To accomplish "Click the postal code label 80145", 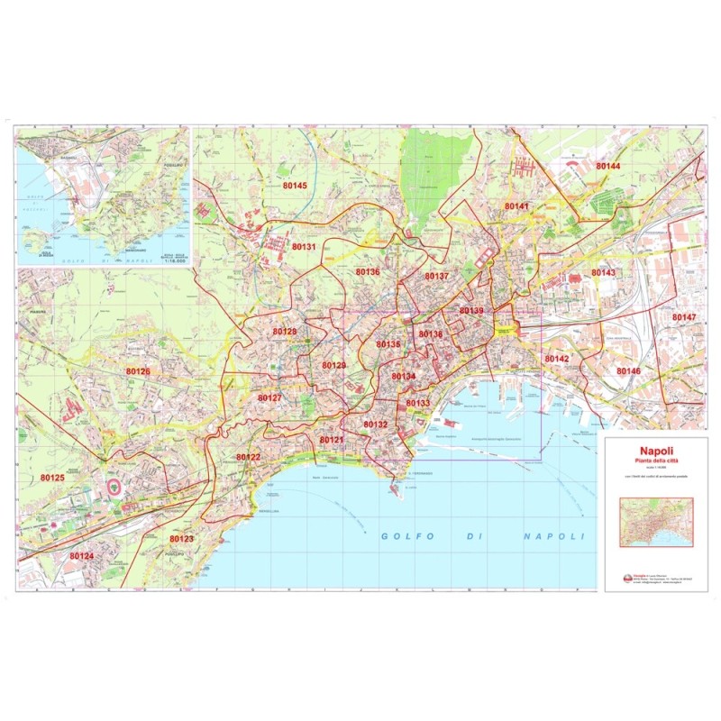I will [x=295, y=186].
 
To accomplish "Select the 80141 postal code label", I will [x=516, y=206].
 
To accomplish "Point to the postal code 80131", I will [x=304, y=246].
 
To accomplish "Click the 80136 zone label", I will [x=368, y=271].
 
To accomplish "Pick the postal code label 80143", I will [x=603, y=272].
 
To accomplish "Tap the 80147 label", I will [x=684, y=317].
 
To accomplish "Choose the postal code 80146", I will [x=628, y=370].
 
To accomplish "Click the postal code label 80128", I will [x=285, y=332].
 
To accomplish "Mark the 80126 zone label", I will [x=138, y=371].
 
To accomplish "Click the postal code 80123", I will [x=181, y=539].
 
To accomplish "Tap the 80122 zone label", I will [x=248, y=457].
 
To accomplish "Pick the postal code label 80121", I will [x=332, y=439].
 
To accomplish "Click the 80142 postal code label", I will [x=557, y=359].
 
